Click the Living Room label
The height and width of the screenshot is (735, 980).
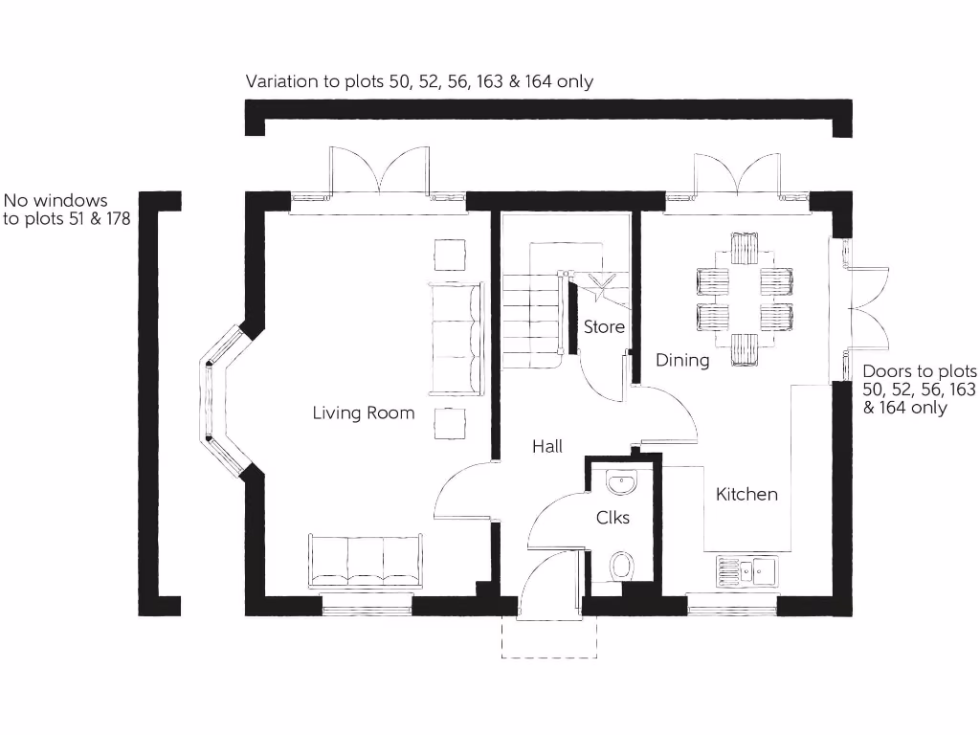[364, 412]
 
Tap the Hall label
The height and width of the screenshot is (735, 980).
[547, 446]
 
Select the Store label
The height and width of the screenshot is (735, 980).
[604, 326]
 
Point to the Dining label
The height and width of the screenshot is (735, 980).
[682, 360]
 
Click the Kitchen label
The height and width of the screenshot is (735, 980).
[746, 494]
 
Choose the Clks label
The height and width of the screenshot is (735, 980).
[612, 518]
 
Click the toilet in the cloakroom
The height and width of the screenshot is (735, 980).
[621, 566]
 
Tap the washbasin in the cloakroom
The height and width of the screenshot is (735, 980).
[621, 482]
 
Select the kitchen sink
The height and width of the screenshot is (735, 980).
[747, 571]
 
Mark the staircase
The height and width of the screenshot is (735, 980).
[531, 316]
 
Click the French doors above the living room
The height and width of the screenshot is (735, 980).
[378, 172]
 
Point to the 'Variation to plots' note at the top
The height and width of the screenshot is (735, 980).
[419, 81]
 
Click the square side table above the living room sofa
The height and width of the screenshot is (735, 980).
[451, 255]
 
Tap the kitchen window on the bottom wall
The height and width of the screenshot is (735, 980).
[732, 605]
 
